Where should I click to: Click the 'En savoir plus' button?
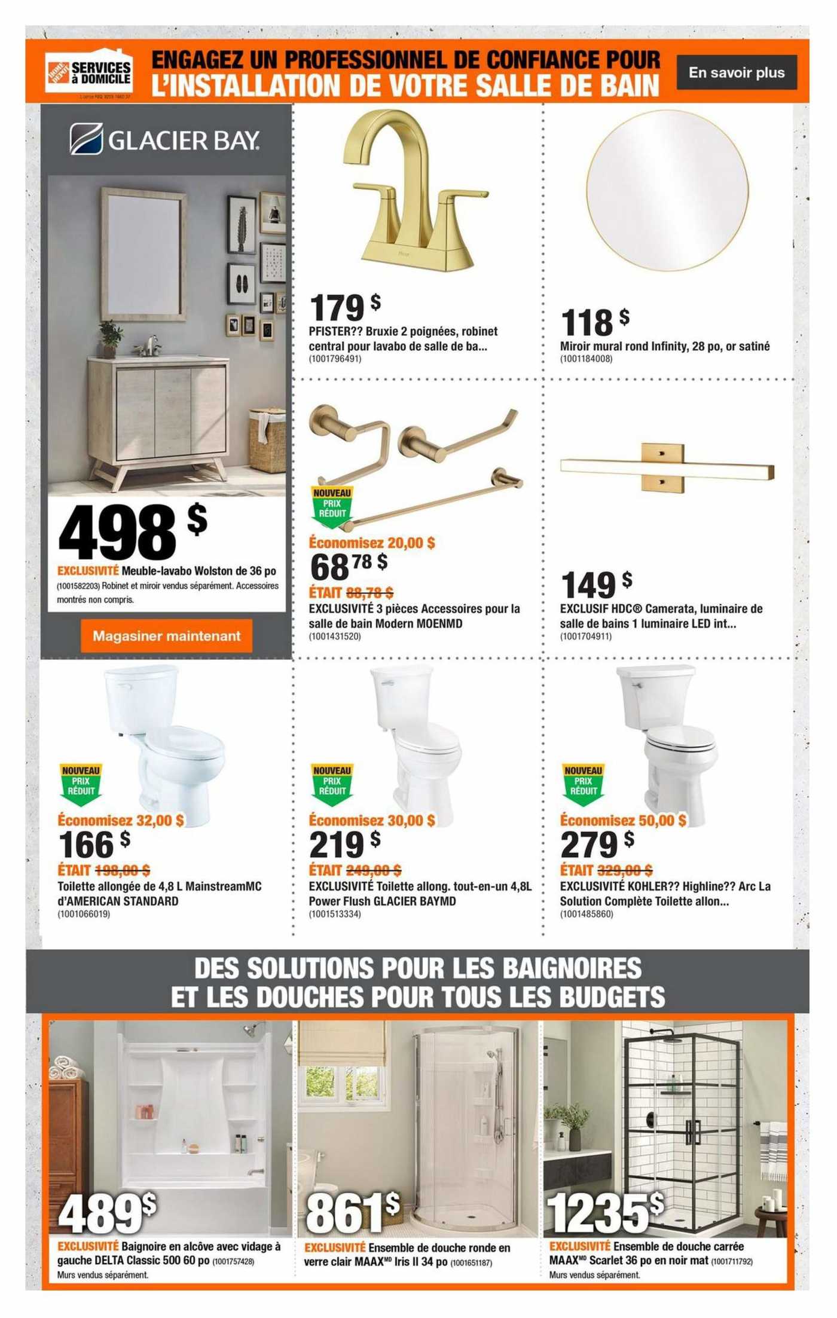[737, 73]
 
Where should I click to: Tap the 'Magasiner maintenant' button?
[166, 636]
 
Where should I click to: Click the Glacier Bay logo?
[165, 140]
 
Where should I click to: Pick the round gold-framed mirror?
[667, 190]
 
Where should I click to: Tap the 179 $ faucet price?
[344, 307]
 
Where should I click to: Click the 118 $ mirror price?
[594, 322]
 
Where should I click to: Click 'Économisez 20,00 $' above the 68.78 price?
[372, 543]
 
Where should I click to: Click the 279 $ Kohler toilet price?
[597, 844]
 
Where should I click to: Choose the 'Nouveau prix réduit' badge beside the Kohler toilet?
[583, 784]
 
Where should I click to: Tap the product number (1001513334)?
[335, 914]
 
